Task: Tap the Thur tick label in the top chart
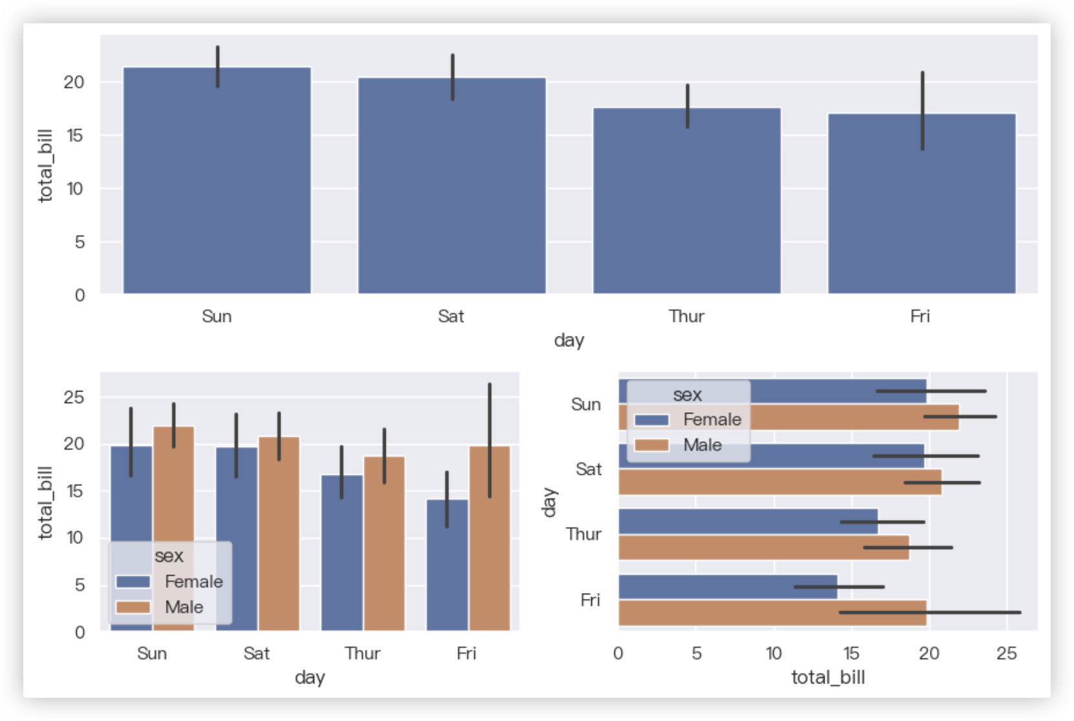pyautogui.click(x=686, y=317)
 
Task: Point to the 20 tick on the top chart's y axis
pyautogui.click(x=74, y=82)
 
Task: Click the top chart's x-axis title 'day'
pyautogui.click(x=569, y=340)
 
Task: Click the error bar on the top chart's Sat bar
pyautogui.click(x=452, y=77)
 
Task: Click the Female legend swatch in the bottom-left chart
pyautogui.click(x=133, y=581)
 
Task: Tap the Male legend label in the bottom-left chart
pyautogui.click(x=184, y=607)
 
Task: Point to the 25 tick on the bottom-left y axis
pyautogui.click(x=74, y=397)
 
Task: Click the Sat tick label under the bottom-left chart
pyautogui.click(x=257, y=654)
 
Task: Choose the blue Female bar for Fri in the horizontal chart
pyautogui.click(x=728, y=587)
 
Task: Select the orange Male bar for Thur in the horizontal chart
pyautogui.click(x=763, y=548)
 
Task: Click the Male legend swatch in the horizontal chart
pyautogui.click(x=651, y=445)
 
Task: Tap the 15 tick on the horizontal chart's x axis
pyautogui.click(x=852, y=654)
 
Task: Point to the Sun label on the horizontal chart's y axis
pyautogui.click(x=586, y=404)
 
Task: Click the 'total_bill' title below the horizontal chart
pyautogui.click(x=828, y=677)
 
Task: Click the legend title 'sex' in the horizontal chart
pyautogui.click(x=687, y=395)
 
